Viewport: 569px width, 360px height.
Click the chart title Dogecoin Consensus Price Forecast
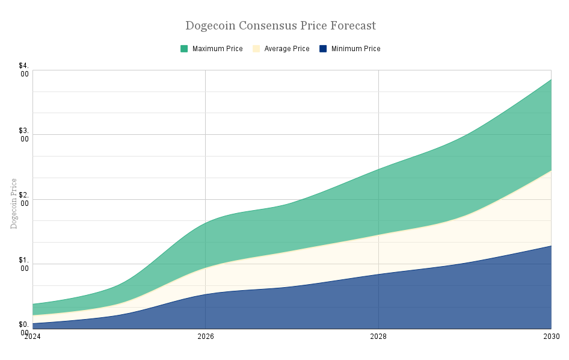tap(280, 26)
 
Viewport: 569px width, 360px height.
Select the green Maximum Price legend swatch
tap(184, 49)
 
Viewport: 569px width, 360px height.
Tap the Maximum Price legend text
tap(217, 49)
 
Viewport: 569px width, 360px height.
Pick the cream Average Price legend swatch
tap(256, 49)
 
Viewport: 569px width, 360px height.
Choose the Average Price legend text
tap(287, 49)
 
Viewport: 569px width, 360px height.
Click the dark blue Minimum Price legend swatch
tap(323, 49)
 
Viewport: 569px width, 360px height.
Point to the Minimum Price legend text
tap(355, 49)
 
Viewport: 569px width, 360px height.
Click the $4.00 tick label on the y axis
tap(24, 70)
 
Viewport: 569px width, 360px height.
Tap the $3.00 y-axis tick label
tap(24, 135)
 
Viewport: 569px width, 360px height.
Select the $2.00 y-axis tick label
tap(24, 199)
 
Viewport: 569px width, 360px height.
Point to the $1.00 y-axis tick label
tap(24, 264)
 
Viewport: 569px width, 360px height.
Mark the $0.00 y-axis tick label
tap(24, 329)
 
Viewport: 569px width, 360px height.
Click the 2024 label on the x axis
tap(32, 337)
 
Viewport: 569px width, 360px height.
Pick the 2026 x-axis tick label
tap(206, 337)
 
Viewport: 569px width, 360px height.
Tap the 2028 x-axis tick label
tap(378, 337)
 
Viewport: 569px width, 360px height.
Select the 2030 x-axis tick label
tap(552, 337)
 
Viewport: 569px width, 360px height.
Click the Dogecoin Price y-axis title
tap(14, 203)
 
